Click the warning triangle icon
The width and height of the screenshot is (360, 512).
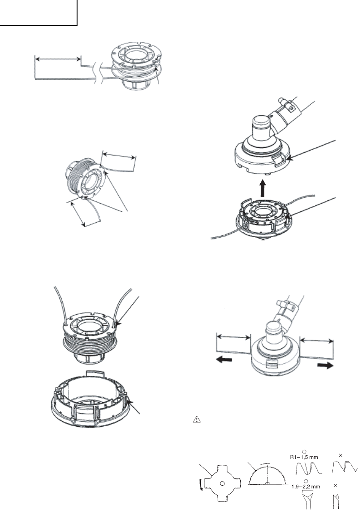197,420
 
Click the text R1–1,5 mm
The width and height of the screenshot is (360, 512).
304,457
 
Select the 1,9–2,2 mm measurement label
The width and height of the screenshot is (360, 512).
306,487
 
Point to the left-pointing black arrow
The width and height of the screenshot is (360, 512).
224,360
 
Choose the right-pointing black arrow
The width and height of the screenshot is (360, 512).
325,366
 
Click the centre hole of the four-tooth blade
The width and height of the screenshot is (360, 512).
222,483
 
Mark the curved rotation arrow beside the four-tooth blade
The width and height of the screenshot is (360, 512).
201,483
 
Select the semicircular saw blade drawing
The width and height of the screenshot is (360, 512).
267,476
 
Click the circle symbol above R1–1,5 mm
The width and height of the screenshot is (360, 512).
304,452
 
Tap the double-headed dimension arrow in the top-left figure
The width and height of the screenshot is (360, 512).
58,59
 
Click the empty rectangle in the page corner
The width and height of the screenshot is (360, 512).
39,13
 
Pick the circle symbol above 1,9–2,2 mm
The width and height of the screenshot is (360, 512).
306,481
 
